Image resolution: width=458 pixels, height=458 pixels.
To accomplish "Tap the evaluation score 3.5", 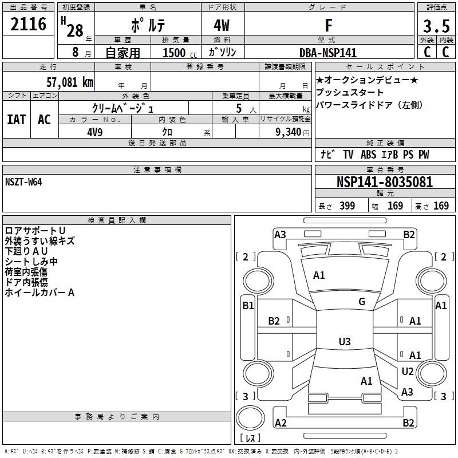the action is (x=436, y=27).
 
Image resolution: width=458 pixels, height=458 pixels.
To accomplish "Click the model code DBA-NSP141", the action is (x=328, y=53).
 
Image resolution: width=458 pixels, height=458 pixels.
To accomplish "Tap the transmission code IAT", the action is (x=16, y=119).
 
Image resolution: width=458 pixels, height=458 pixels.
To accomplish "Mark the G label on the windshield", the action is (x=362, y=302).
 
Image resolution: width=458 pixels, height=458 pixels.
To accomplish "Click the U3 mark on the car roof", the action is (x=344, y=341).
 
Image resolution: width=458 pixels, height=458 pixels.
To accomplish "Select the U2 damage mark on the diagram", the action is (x=408, y=371).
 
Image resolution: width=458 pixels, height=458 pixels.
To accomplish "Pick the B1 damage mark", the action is (x=248, y=306).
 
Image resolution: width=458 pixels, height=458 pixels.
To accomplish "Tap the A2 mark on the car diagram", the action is (x=281, y=423).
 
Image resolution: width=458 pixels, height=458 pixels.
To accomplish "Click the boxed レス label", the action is (x=250, y=439).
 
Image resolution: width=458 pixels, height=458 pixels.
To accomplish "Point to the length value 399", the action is (x=347, y=206).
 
